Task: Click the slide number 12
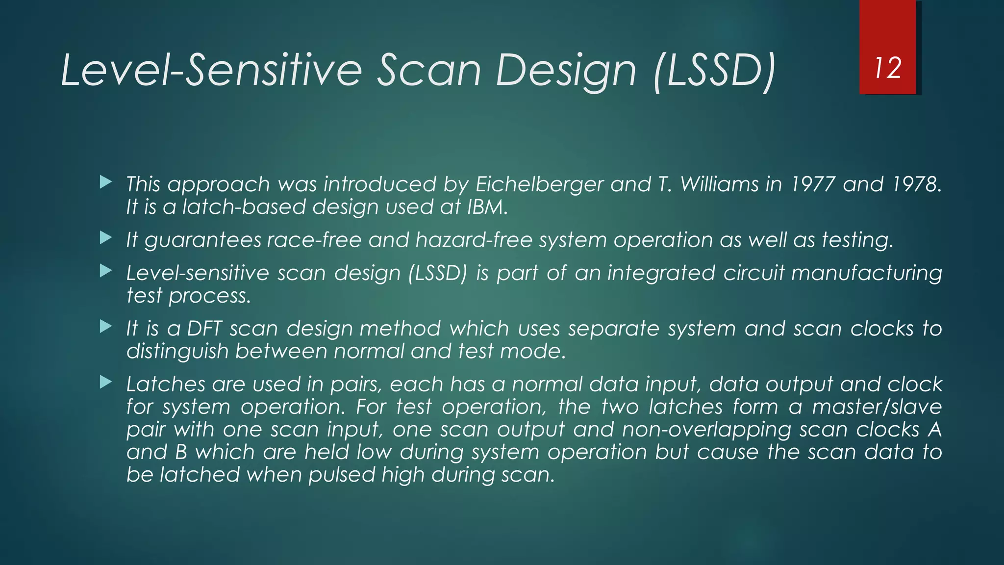click(888, 68)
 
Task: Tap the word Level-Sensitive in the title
click(211, 71)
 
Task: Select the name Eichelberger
click(539, 184)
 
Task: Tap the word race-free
click(314, 240)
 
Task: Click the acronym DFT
click(204, 329)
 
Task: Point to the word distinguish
click(177, 352)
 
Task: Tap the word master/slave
click(877, 407)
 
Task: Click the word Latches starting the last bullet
click(166, 385)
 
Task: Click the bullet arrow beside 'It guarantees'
click(105, 239)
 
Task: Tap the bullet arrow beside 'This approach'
click(105, 183)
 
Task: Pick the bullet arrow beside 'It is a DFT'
click(105, 327)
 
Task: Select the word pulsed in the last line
click(341, 475)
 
